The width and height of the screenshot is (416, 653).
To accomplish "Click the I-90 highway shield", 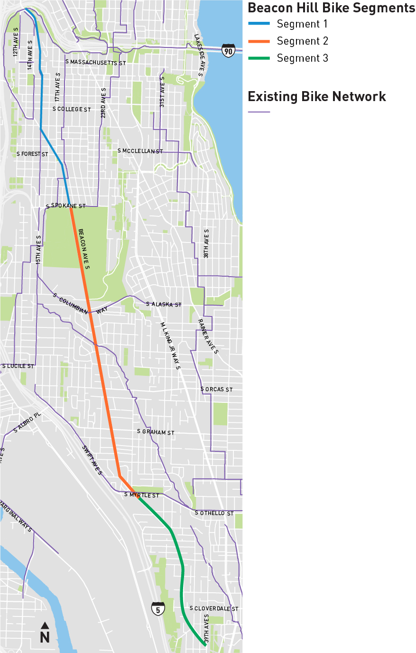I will coord(228,50).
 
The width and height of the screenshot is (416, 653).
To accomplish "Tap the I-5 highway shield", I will coord(158,608).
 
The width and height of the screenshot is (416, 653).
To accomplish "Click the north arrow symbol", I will coord(45,633).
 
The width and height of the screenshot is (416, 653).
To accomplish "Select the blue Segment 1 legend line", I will coord(259,24).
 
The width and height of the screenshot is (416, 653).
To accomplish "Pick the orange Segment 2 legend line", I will coord(259,41).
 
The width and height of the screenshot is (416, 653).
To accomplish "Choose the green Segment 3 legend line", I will coord(259,58).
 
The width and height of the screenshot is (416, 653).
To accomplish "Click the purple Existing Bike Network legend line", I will coord(259,112).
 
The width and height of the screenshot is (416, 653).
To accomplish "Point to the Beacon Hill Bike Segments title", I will coord(331,8).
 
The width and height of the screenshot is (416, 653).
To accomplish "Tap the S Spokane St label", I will coord(66,206).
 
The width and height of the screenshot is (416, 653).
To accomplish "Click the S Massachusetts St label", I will coord(96,63).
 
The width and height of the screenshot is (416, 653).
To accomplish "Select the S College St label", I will coord(72,109).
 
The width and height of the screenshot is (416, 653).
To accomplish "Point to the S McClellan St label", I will coord(140,151).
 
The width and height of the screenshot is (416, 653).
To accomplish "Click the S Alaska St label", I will coord(164,304).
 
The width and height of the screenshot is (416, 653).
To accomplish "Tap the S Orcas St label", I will coord(216,389).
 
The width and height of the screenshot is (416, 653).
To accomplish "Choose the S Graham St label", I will coord(156,432).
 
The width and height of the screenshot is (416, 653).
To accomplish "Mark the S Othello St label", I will coord(214,513).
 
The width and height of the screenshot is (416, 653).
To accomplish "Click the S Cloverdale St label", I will coord(214,608).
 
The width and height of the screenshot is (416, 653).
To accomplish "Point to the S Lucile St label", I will coord(18,366).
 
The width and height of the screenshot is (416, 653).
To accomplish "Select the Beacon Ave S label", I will coord(83,249).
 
